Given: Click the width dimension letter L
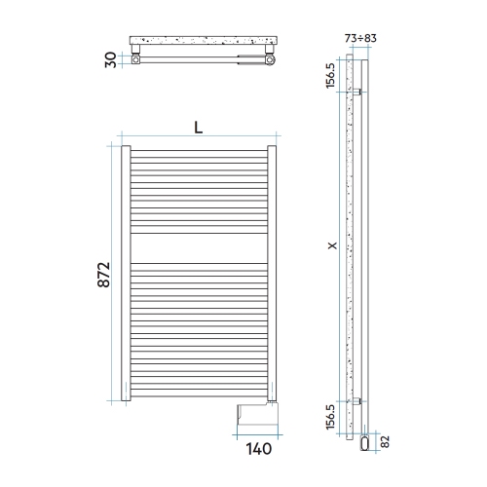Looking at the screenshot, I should point(198,128).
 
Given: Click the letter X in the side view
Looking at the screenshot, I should point(334,245).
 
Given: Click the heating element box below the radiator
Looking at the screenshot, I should point(248,416).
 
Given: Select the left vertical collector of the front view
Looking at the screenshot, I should point(125,273).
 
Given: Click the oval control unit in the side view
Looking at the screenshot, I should point(364,443).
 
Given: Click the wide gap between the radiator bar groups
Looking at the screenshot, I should point(198,247).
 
